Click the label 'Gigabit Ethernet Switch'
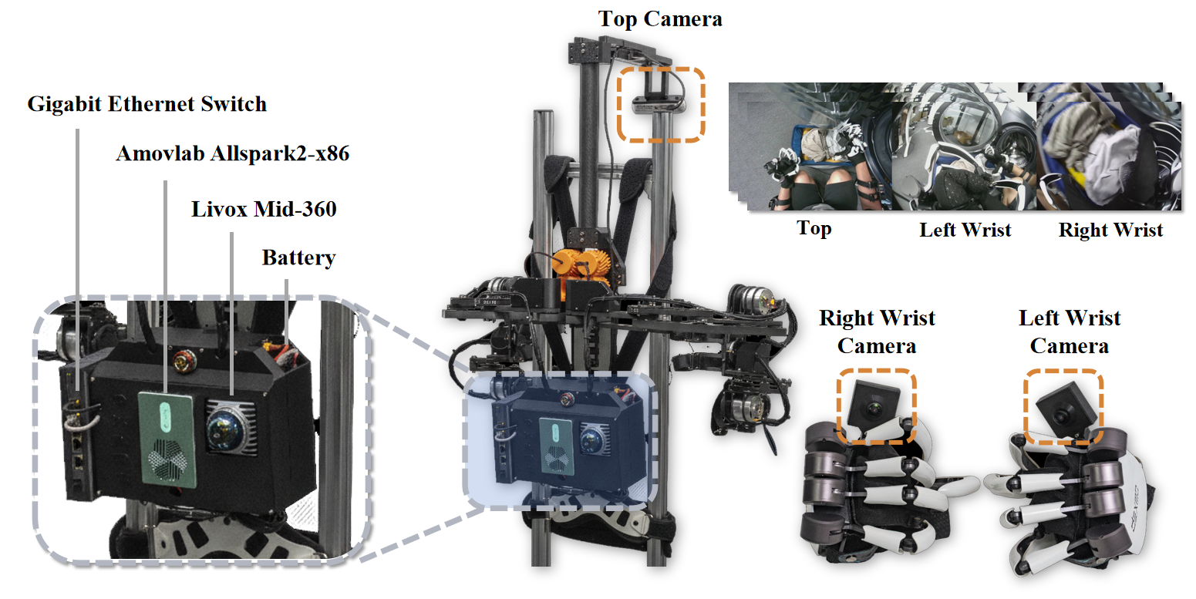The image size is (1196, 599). point(147,104)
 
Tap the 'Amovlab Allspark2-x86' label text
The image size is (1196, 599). point(232,153)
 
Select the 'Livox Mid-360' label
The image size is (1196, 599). point(264,208)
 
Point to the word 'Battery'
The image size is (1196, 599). point(298,257)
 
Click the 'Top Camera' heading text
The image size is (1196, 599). point(660,19)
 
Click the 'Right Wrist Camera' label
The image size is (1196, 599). point(877,331)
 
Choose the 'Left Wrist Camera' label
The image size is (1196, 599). point(1070,331)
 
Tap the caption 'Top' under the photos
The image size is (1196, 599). point(814,228)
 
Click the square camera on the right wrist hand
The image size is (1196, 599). point(875,403)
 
